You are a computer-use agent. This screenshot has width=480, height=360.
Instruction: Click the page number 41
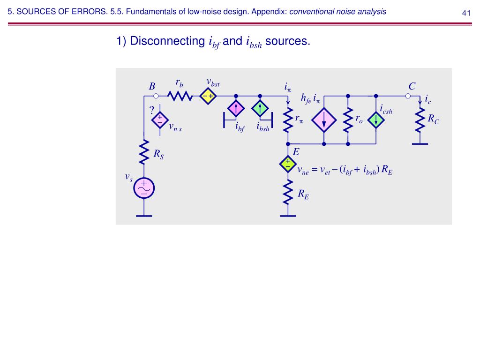[466, 13]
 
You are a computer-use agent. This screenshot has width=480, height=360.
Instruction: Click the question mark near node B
[151, 110]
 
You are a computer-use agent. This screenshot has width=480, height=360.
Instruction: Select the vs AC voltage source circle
[144, 188]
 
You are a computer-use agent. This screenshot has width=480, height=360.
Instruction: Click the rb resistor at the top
[180, 96]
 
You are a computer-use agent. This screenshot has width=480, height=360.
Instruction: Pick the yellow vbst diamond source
[207, 96]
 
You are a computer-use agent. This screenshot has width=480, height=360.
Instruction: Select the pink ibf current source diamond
[236, 109]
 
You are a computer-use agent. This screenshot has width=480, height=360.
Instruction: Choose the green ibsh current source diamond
[259, 109]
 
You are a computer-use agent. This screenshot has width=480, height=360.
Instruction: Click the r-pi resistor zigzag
[287, 121]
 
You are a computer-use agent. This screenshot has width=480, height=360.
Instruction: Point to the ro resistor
[347, 121]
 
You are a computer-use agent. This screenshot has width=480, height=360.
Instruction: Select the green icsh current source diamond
[375, 120]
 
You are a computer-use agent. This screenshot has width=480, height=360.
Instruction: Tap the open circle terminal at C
[408, 96]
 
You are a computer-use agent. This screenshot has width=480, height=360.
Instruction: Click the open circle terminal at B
[157, 96]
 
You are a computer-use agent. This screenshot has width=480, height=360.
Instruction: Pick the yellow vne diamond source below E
[287, 164]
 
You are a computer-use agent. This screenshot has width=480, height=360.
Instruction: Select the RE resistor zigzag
[287, 192]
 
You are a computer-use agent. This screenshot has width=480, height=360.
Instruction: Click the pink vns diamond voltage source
[159, 120]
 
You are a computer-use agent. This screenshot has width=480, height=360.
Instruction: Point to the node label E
[296, 152]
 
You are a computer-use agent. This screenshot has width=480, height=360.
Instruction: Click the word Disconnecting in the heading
[167, 41]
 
